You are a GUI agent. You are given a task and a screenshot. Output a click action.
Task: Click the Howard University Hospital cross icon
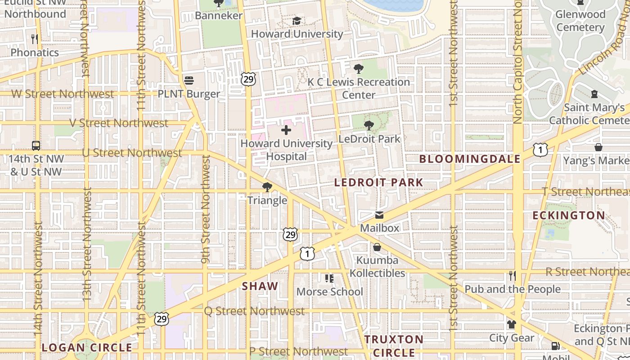click(x=286, y=130)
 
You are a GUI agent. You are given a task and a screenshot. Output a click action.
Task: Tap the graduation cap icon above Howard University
click(x=297, y=21)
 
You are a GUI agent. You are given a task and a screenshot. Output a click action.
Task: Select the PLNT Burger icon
click(x=189, y=81)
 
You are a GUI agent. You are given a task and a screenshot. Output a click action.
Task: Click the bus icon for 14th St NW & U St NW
click(x=36, y=146)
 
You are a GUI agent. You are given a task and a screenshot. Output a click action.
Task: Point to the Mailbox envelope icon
click(x=379, y=215)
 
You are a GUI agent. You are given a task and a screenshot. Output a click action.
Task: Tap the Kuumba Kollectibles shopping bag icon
click(x=377, y=247)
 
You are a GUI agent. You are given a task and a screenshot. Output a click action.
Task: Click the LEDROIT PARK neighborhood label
click(x=378, y=182)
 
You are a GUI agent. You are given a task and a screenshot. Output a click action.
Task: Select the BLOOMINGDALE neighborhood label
click(x=470, y=159)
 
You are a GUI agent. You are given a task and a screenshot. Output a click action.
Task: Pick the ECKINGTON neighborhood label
click(x=569, y=216)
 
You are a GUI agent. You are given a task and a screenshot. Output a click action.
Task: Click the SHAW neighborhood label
click(x=260, y=286)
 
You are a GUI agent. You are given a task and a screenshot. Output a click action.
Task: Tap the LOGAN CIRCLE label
click(x=87, y=347)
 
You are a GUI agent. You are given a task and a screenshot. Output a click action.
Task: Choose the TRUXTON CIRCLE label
click(x=394, y=346)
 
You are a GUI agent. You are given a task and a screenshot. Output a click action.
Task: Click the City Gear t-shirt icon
click(x=511, y=324)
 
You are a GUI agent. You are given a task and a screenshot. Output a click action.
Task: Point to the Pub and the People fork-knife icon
click(x=512, y=275)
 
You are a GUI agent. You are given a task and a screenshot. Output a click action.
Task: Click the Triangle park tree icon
click(x=267, y=187)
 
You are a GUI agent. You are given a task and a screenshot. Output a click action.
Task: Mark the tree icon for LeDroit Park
click(x=369, y=126)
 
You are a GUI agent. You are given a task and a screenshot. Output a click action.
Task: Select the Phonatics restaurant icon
click(x=35, y=39)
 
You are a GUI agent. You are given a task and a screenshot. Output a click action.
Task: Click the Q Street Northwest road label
click(x=254, y=311)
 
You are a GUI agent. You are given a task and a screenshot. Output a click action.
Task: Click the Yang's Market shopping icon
click(x=598, y=147)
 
